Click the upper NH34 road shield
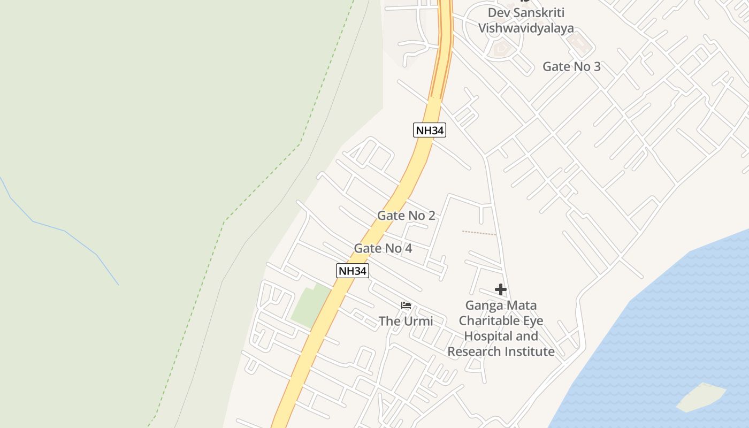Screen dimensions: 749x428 (x=429, y=130)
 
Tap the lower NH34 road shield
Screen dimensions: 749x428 (x=352, y=271)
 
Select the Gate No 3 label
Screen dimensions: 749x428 (x=571, y=66)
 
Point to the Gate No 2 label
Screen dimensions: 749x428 (x=406, y=216)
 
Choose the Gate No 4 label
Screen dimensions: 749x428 (x=383, y=248)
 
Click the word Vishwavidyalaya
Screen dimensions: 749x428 (x=525, y=28)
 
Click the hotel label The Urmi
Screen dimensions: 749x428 (x=406, y=321)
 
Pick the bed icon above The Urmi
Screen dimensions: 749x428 (x=406, y=305)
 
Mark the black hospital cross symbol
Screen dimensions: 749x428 (x=501, y=289)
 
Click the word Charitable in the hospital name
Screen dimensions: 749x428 (x=501, y=321)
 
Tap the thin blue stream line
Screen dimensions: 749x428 (x=64, y=231)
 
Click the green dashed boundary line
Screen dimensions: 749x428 (x=262, y=182)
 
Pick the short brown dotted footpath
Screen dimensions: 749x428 (x=479, y=233)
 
